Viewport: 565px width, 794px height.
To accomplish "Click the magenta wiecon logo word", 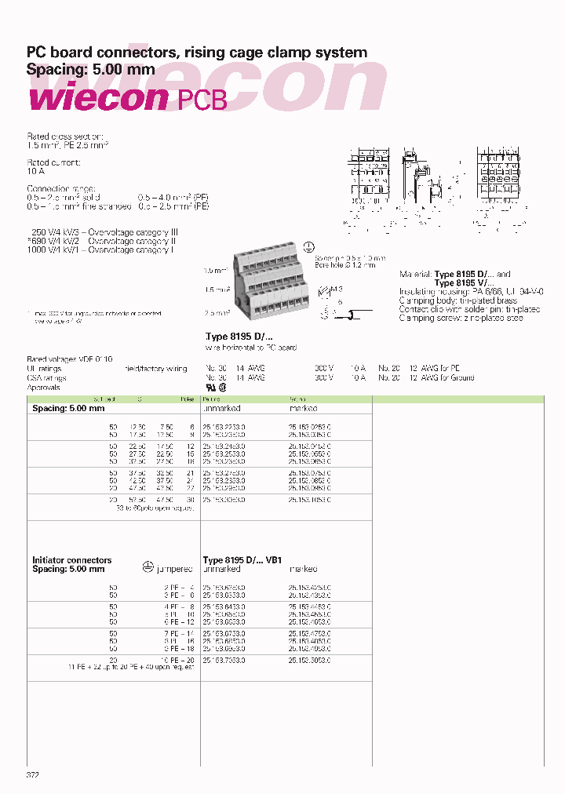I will point(97,99).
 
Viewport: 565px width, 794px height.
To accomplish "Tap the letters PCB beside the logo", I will point(203,100).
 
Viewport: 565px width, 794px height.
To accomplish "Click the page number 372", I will point(33,774).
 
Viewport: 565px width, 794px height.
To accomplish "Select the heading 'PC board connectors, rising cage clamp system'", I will point(197,53).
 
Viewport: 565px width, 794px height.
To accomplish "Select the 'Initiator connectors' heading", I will point(71,560).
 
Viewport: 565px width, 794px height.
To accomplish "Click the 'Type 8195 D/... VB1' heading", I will point(242,560).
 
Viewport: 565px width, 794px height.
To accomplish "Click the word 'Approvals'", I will point(46,387).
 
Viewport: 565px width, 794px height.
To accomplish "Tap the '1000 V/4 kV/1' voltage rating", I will point(56,249).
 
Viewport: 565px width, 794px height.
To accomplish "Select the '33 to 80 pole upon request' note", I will point(154,507).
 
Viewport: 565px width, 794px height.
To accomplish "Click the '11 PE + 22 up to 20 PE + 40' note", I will point(131,668).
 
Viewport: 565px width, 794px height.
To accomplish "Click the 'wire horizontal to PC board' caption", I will point(250,347).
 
